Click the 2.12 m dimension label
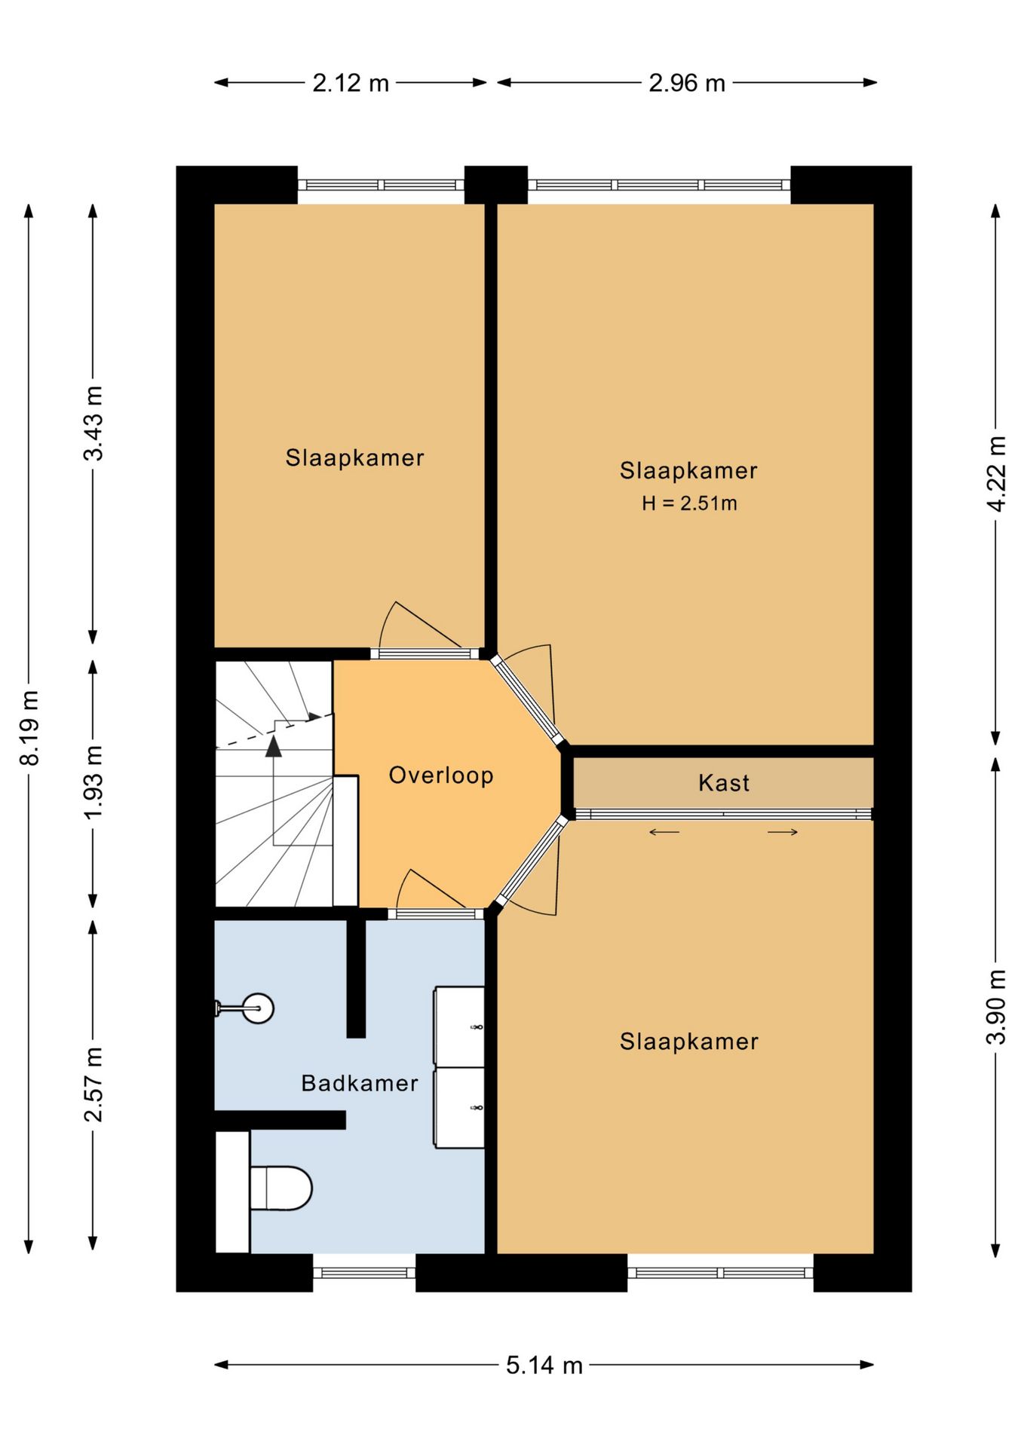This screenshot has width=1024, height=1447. [x=351, y=83]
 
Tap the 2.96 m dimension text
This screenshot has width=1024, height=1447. [x=687, y=83]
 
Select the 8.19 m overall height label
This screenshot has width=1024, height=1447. [x=29, y=727]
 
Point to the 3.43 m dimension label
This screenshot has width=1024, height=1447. [x=94, y=423]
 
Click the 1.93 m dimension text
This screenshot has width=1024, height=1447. [x=94, y=782]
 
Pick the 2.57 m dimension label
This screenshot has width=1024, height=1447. [x=94, y=1084]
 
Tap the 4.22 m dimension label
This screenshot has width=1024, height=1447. [x=997, y=474]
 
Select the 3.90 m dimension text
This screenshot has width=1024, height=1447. [x=997, y=1007]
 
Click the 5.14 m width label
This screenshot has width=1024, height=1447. [x=544, y=1365]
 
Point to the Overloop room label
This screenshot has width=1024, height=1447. [x=441, y=775]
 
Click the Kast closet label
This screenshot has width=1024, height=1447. [x=724, y=783]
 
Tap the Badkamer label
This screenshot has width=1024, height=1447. [x=360, y=1083]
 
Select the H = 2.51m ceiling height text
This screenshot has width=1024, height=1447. [x=689, y=503]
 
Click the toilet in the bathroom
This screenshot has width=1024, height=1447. [x=281, y=1188]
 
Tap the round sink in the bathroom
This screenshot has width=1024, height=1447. [x=258, y=1008]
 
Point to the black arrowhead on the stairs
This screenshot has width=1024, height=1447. [x=273, y=745]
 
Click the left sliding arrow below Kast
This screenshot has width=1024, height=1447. [x=664, y=832]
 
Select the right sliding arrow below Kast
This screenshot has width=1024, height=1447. [x=783, y=832]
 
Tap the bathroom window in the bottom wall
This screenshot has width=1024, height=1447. [x=364, y=1273]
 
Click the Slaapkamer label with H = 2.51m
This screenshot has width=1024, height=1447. [x=688, y=470]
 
